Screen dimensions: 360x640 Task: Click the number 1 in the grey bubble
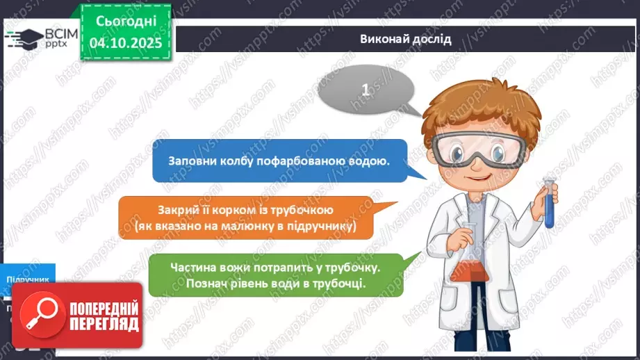point(366,90)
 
